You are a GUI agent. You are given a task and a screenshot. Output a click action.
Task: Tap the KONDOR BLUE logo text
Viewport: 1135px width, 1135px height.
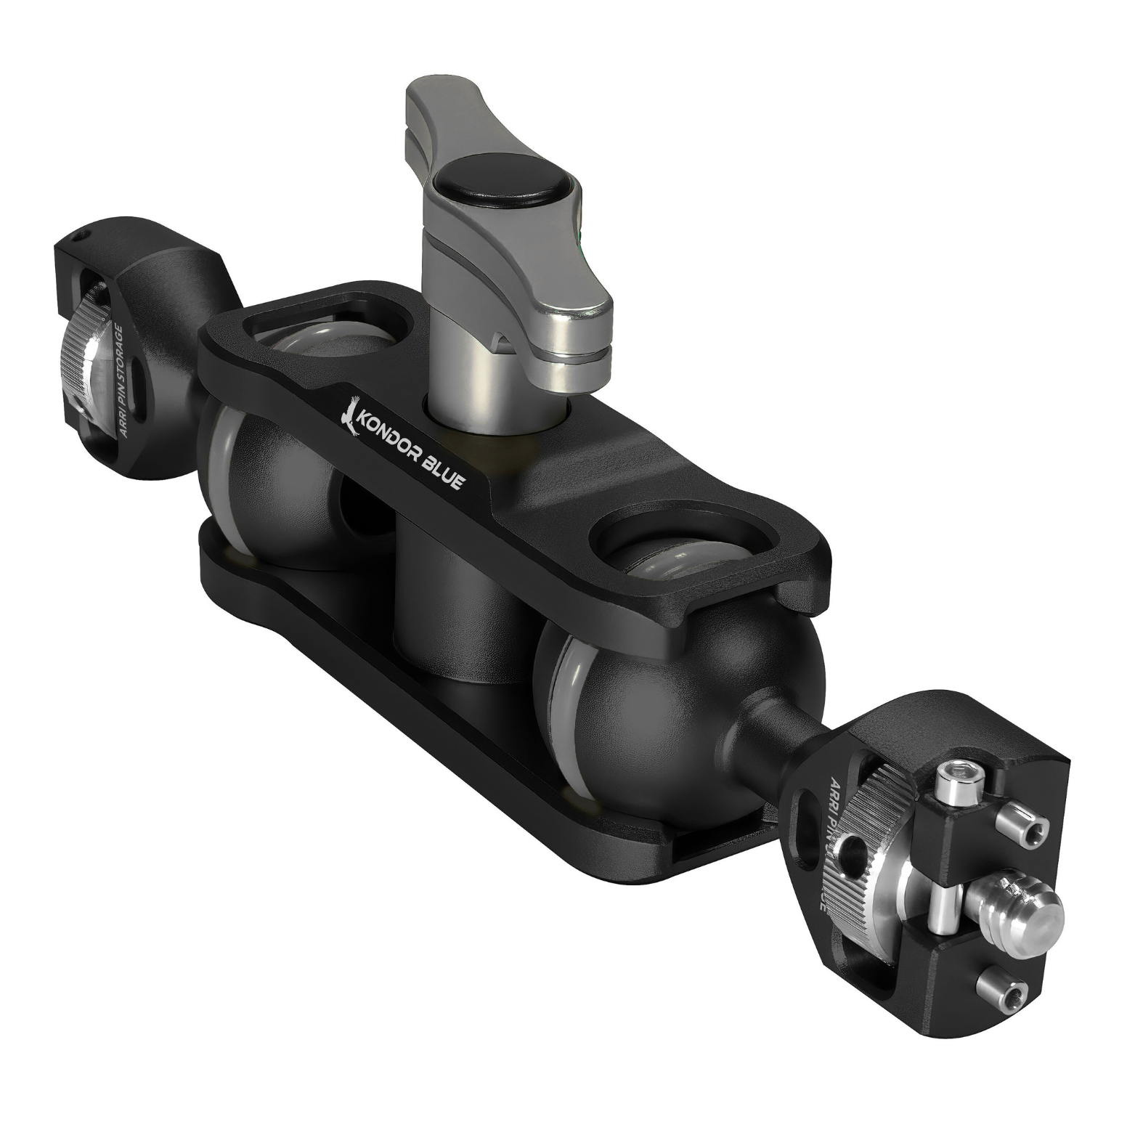[413, 451]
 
